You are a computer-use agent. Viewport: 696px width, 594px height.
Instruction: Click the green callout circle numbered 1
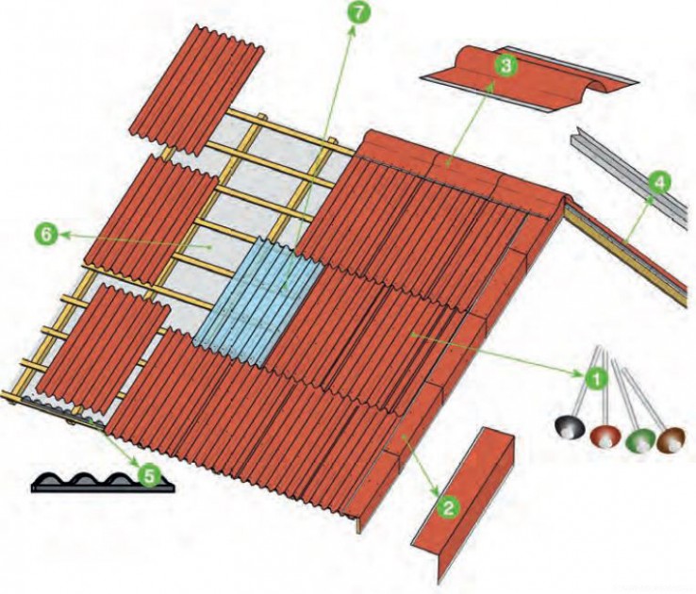point(596,378)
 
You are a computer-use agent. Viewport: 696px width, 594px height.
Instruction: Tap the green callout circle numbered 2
point(449,507)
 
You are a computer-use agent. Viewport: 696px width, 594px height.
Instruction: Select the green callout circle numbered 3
point(506,66)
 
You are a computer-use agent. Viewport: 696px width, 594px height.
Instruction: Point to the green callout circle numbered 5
point(149,476)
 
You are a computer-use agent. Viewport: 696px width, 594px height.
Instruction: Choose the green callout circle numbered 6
point(46,234)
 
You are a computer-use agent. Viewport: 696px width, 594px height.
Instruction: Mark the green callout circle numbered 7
point(358,13)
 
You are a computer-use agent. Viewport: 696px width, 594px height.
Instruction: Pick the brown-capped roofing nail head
point(671,439)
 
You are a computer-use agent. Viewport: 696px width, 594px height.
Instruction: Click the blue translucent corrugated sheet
point(258,302)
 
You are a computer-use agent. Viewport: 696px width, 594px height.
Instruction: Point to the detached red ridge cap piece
point(529,78)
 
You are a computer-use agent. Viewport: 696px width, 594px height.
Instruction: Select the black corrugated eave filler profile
point(103,482)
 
